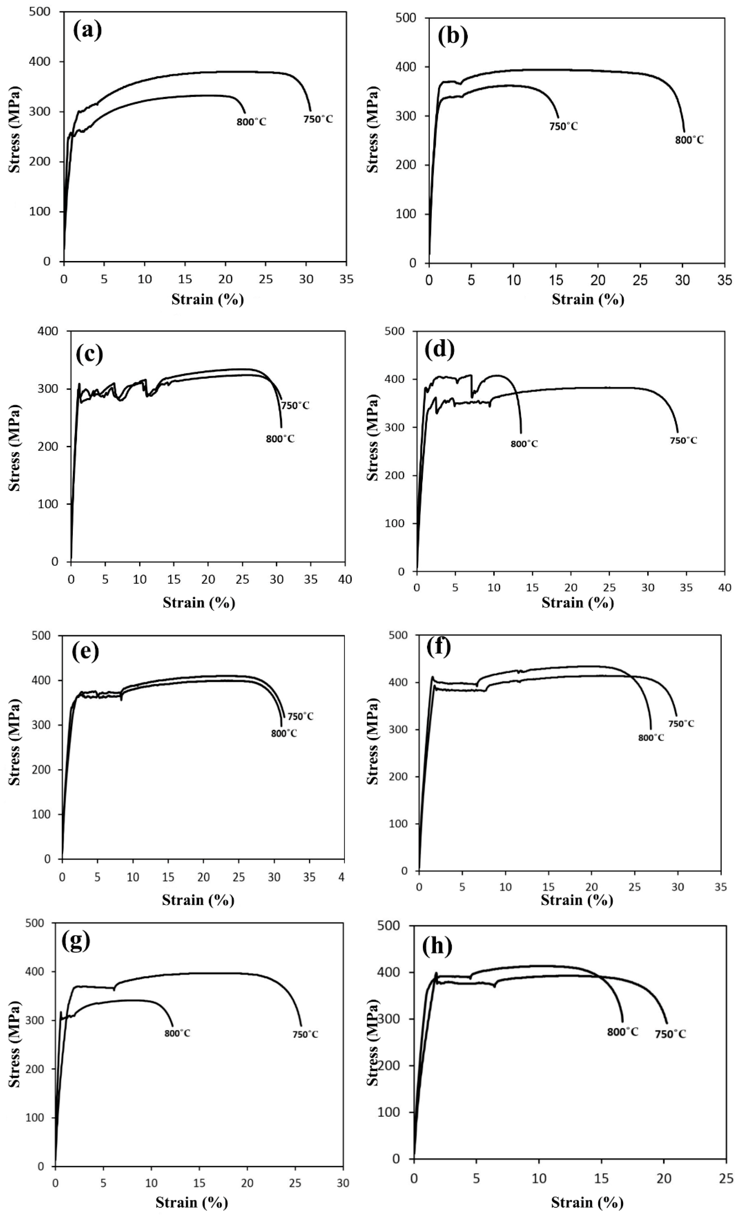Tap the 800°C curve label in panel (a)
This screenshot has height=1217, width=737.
pyautogui.click(x=251, y=122)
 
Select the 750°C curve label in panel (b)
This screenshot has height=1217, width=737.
pyautogui.click(x=563, y=126)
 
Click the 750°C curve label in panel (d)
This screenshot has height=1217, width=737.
pyautogui.click(x=683, y=440)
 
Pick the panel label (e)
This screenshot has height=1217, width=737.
pyautogui.click(x=85, y=652)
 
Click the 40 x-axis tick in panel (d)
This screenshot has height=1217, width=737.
pyautogui.click(x=724, y=587)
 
